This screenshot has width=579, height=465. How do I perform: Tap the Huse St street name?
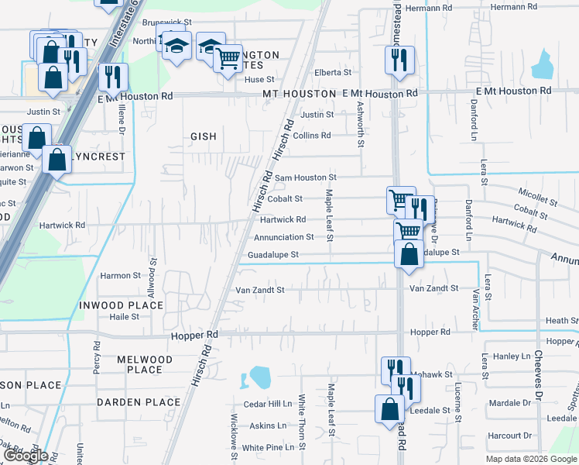(x=259, y=79)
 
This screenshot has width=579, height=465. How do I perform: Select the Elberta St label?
(x=333, y=72)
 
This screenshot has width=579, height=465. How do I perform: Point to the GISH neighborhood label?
(x=204, y=136)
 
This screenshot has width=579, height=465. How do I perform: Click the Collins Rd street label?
(x=312, y=135)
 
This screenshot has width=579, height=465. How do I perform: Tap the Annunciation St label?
(x=284, y=237)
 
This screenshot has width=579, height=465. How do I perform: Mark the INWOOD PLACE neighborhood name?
(x=121, y=305)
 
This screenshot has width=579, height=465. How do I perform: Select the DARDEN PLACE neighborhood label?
(x=138, y=402)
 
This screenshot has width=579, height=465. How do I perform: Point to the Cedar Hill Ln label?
(x=268, y=404)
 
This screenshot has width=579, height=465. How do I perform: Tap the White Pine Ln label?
(x=269, y=447)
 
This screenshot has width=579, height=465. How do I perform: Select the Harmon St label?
(x=121, y=275)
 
